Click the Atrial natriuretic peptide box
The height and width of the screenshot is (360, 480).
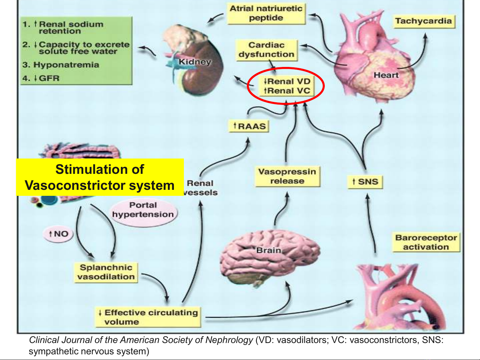[x=266, y=13]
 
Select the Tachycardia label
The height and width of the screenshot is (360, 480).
[x=423, y=21]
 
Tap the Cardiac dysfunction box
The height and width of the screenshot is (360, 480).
[x=266, y=50]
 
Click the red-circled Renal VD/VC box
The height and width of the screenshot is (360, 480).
[x=287, y=86]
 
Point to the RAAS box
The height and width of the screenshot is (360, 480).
[x=249, y=126]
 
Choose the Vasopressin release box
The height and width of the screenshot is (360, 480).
[x=287, y=177]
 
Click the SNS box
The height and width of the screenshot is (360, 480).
[x=365, y=182]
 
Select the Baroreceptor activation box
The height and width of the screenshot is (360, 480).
[x=426, y=242]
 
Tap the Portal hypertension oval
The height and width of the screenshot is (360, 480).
[x=143, y=210]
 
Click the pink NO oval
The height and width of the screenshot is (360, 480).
[x=58, y=234]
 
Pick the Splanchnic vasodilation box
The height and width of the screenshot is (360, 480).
[x=106, y=272]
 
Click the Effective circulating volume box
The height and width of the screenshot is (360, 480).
[x=148, y=317]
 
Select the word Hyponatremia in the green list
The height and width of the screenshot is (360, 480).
[x=66, y=65]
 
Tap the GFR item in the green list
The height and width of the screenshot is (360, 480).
[x=49, y=79]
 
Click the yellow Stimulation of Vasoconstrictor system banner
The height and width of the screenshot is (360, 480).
[x=100, y=177]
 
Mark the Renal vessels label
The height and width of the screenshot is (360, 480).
[x=201, y=188]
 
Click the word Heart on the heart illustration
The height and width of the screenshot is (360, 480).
[x=386, y=75]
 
